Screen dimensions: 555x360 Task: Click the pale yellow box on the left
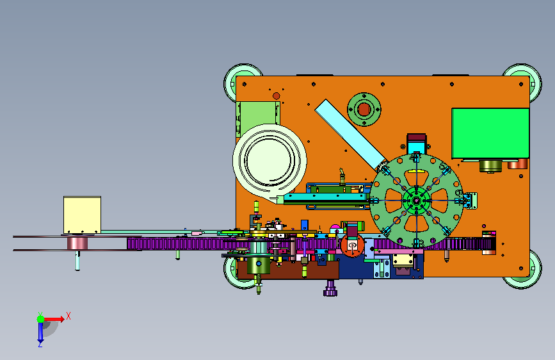coord(82,215)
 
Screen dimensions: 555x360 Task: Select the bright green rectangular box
coord(490,133)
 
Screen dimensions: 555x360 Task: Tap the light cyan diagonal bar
coord(350,135)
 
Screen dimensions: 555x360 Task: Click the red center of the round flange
coord(364,110)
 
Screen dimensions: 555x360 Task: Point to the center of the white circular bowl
coord(269,160)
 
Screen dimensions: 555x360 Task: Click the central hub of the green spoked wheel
coord(416,200)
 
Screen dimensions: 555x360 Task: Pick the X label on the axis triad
coord(68,316)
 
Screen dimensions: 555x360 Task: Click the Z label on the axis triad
coord(40,344)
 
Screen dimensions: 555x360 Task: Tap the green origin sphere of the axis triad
coord(41,319)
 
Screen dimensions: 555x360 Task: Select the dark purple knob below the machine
coord(330,288)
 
